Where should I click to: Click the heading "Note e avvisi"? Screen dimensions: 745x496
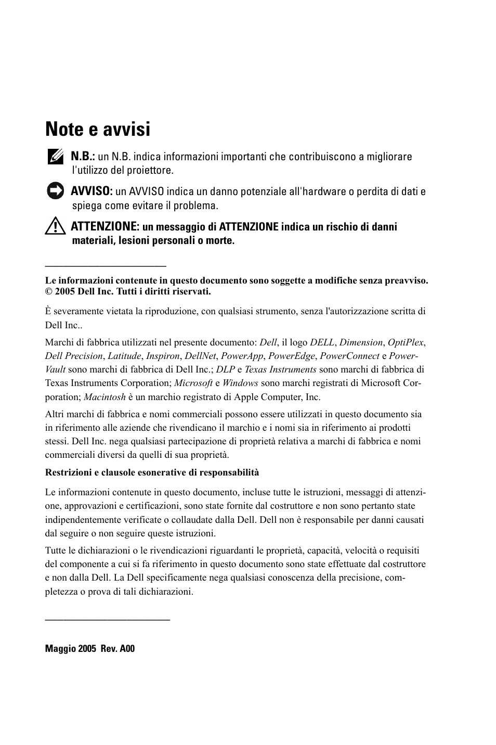coord(98,130)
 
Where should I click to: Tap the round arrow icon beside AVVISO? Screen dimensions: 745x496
coord(54,191)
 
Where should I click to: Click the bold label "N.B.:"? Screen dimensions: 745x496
coord(83,156)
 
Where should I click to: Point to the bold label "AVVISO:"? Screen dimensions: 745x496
coord(92,191)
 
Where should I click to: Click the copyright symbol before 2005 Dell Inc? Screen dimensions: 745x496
coord(48,291)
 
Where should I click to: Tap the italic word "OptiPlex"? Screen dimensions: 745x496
coord(406,342)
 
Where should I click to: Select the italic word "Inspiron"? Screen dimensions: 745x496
coord(163,356)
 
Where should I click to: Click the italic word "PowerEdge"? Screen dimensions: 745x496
coord(291,356)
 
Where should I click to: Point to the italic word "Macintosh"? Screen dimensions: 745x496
coord(105,396)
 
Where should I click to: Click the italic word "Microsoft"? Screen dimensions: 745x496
coord(193,383)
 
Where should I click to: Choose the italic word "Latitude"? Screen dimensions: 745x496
coord(124,356)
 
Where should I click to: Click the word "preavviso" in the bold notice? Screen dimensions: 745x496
coord(406,280)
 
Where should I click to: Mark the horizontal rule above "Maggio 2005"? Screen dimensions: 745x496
coord(108,619)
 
